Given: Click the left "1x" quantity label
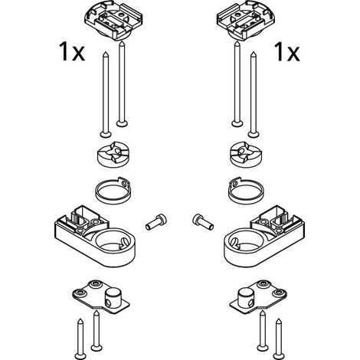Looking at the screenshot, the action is (x=72, y=52).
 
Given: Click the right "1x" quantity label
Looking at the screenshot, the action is (x=287, y=52).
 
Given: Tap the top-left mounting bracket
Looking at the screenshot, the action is (x=113, y=20).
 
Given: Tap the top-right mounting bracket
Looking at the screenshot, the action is (x=246, y=20).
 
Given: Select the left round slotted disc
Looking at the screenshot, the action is (x=114, y=154).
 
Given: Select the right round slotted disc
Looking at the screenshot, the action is (x=246, y=154).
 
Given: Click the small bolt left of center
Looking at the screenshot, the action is (x=156, y=221).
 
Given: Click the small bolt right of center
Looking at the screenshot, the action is (x=203, y=221).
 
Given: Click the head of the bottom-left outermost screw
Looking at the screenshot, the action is (x=80, y=355).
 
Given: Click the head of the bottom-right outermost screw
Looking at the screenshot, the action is (x=279, y=355).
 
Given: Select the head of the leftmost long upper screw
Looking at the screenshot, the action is (x=106, y=134).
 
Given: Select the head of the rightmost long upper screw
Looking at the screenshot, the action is (x=254, y=134).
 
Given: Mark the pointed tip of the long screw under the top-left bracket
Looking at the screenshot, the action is (x=122, y=42).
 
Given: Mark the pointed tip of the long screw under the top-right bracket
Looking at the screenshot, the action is (x=237, y=42).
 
